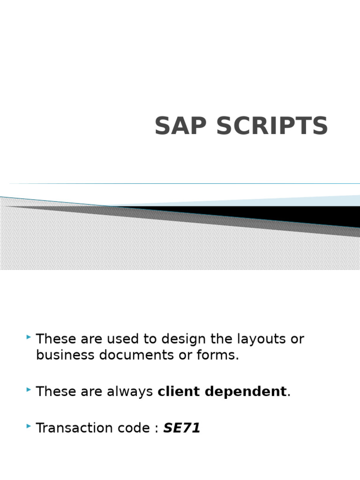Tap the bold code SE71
click(x=182, y=428)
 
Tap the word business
click(x=65, y=355)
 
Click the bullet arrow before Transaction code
click(x=29, y=426)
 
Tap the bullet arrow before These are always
click(x=29, y=390)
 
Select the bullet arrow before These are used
click(x=29, y=337)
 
